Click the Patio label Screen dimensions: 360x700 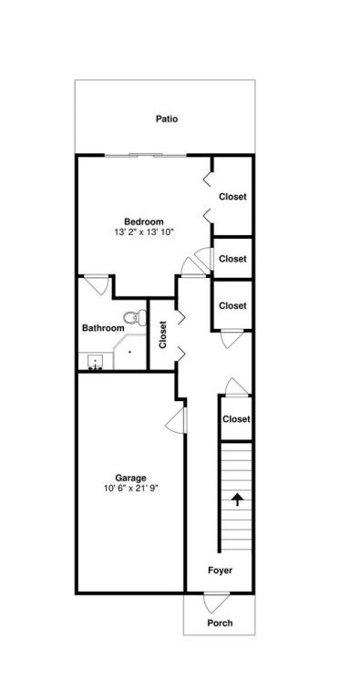167,119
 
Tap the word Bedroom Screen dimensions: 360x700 144,221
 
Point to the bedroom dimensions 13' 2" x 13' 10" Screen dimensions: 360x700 144,232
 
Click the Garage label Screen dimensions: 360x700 131,478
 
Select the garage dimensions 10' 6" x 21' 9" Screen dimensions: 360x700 131,489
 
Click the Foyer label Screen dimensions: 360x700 221,570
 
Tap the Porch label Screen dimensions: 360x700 220,623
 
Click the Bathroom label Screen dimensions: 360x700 103,328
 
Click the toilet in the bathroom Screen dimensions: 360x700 135,317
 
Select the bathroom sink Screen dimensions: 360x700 95,361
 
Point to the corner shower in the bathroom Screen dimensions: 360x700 129,352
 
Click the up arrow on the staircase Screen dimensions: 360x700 237,499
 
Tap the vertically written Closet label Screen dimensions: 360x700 162,335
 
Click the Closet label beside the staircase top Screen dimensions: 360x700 236,419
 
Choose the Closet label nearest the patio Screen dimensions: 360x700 232,197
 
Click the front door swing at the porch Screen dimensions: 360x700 216,602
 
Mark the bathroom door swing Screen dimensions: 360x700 97,285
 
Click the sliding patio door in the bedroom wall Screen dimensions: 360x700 145,155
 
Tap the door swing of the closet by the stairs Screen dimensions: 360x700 236,386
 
